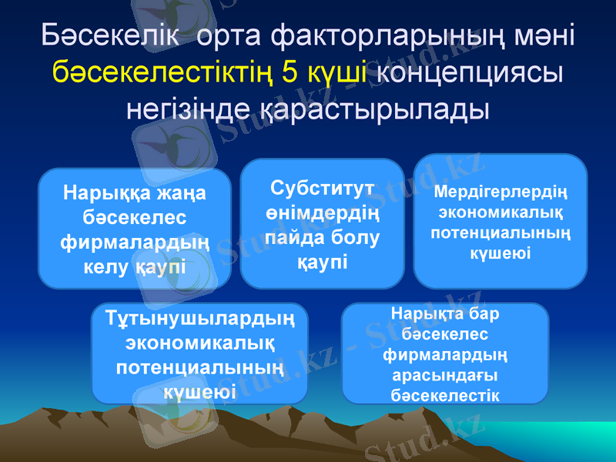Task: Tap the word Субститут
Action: [x=323, y=188]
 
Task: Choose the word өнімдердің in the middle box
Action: [x=323, y=213]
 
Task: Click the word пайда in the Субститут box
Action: [x=296, y=237]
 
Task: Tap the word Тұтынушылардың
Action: [x=200, y=317]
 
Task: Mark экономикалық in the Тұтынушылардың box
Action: [x=200, y=342]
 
